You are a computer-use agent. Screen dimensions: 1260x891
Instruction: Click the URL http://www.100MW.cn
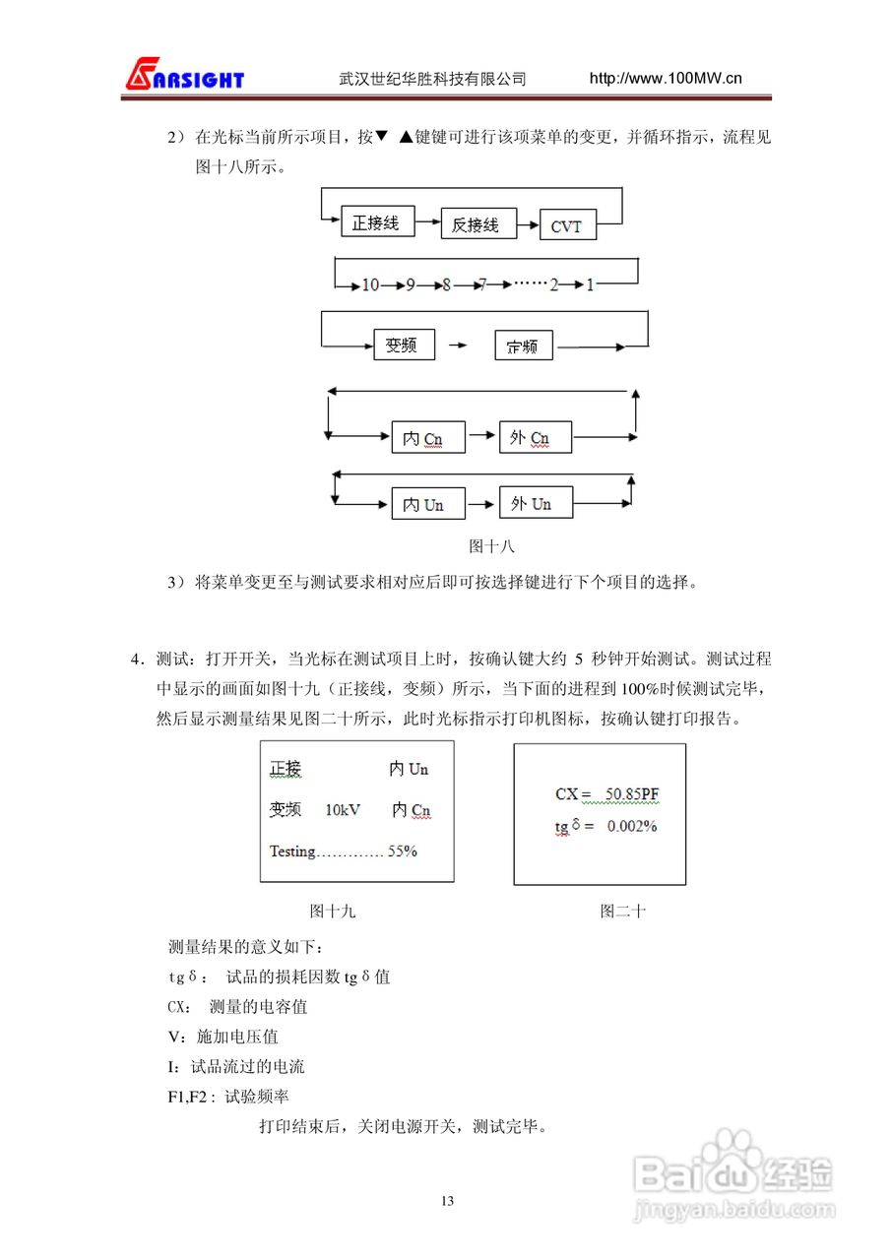pyautogui.click(x=665, y=79)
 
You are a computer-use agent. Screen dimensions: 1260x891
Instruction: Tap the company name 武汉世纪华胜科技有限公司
pyautogui.click(x=432, y=79)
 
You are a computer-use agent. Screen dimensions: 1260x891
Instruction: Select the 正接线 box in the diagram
pyautogui.click(x=377, y=222)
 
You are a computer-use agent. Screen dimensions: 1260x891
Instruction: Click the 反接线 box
pyautogui.click(x=477, y=225)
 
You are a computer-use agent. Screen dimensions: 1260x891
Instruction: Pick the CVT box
pyautogui.click(x=567, y=226)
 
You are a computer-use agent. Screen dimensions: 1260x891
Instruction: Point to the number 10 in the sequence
pyautogui.click(x=370, y=285)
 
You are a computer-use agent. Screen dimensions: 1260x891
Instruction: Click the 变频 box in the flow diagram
pyautogui.click(x=404, y=346)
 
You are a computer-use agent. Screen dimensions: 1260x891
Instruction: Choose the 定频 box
pyautogui.click(x=524, y=346)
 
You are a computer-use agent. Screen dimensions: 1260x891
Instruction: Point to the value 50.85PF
pyautogui.click(x=638, y=793)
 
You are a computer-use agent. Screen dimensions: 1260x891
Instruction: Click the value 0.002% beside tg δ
pyautogui.click(x=631, y=826)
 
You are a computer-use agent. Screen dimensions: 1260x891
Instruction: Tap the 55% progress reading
pyautogui.click(x=402, y=850)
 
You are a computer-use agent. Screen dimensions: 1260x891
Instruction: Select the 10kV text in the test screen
pyautogui.click(x=342, y=810)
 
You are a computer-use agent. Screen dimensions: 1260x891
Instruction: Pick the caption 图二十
pyautogui.click(x=622, y=912)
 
